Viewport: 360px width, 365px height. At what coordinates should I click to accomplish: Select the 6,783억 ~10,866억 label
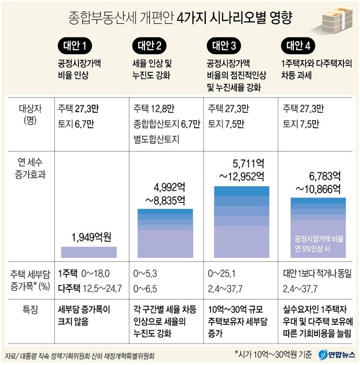point(317,182)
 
